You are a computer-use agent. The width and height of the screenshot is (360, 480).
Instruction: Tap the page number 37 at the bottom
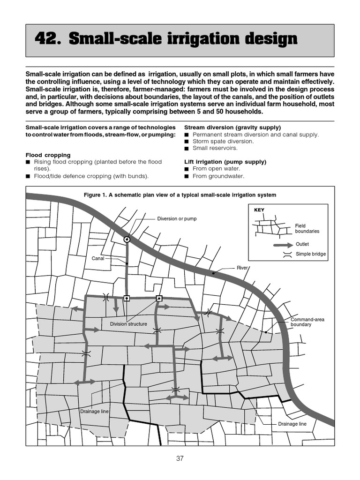pyautogui.click(x=180, y=458)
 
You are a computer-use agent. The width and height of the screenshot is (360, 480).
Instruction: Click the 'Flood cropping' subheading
pyautogui.click(x=48, y=155)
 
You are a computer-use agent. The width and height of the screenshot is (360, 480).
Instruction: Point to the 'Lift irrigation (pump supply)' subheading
pyautogui.click(x=225, y=162)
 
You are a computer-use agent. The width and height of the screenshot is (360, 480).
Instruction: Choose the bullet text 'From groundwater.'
pyautogui.click(x=218, y=176)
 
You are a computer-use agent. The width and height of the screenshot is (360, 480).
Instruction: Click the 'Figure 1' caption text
pyautogui.click(x=180, y=195)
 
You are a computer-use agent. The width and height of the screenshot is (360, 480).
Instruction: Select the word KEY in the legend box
pyautogui.click(x=259, y=210)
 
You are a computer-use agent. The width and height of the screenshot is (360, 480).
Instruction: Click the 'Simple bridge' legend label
pyautogui.click(x=310, y=254)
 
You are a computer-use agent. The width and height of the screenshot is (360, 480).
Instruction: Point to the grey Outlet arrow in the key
pyautogui.click(x=283, y=244)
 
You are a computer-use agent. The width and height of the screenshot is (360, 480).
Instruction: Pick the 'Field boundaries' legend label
pyautogui.click(x=307, y=228)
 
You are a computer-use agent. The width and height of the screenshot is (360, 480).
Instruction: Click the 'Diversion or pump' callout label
pyautogui.click(x=177, y=219)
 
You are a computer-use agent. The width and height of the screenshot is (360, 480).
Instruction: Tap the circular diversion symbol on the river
pyautogui.click(x=127, y=240)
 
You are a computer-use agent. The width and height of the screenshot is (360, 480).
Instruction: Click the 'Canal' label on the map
pyautogui.click(x=97, y=258)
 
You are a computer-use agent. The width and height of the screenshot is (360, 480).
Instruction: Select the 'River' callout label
pyautogui.click(x=242, y=268)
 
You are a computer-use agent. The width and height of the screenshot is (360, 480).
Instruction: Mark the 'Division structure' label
pyautogui.click(x=128, y=324)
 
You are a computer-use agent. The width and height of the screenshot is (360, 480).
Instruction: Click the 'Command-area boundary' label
pyautogui.click(x=307, y=322)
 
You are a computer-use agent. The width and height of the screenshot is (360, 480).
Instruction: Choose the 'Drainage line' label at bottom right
pyautogui.click(x=292, y=424)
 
